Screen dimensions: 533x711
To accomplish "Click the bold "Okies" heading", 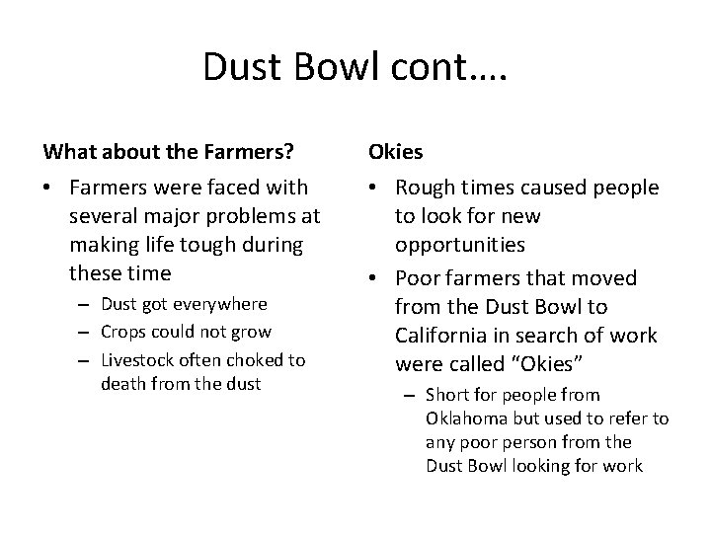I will coord(395,152).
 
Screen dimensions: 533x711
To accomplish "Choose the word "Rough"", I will coord(426,188).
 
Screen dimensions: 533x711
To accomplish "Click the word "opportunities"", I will coord(460,243).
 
